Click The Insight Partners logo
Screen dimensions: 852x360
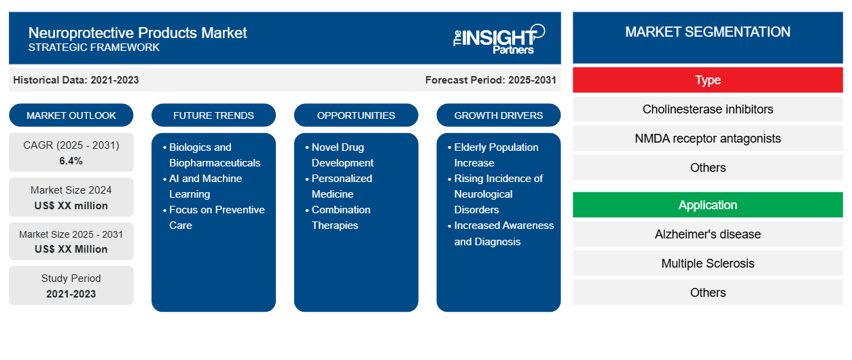(x=499, y=39)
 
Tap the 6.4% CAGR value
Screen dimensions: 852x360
(x=71, y=161)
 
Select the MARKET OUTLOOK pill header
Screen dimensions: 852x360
(x=71, y=115)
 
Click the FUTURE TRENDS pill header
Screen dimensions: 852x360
(x=213, y=115)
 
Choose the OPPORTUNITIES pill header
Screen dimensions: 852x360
(x=356, y=115)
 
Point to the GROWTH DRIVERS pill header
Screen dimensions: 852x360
(x=498, y=115)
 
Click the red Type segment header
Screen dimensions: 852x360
(x=708, y=80)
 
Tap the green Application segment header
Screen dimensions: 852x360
(x=708, y=205)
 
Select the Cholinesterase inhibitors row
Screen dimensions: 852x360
(x=708, y=109)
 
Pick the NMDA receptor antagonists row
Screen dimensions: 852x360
(x=708, y=139)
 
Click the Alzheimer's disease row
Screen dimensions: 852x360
(x=708, y=234)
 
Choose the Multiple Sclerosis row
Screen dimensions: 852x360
(x=708, y=264)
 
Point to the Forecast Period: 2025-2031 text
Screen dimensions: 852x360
(x=491, y=80)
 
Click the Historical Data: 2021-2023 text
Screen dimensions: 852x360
(x=76, y=80)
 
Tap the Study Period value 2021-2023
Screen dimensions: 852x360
(x=71, y=294)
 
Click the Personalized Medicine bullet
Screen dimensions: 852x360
(x=338, y=186)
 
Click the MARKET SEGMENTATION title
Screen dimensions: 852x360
(x=708, y=32)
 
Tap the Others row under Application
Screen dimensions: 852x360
(x=708, y=292)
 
